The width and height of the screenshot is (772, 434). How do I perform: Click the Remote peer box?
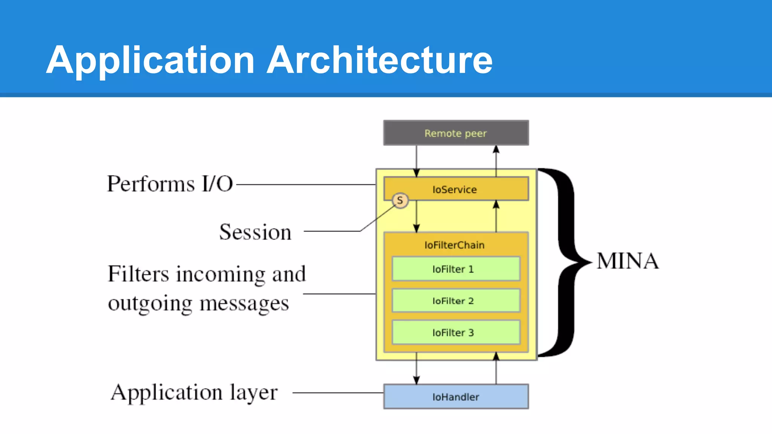coord(456,133)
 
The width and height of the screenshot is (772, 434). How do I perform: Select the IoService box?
coord(456,189)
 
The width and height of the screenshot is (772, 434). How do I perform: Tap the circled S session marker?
coord(400,200)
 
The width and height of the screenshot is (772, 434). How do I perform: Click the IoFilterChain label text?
coord(454,245)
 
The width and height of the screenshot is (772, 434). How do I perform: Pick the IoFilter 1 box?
coord(456,269)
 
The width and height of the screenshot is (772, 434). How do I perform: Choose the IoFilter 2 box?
coord(456,301)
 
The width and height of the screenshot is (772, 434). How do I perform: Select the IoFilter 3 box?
coord(456,332)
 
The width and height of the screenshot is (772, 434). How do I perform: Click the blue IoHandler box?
coord(456,397)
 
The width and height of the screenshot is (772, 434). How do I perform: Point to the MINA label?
coord(628,261)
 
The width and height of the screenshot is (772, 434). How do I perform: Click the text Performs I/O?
coord(170,184)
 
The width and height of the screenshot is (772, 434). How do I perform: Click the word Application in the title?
coord(150,60)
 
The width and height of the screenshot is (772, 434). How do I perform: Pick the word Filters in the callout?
coord(138,274)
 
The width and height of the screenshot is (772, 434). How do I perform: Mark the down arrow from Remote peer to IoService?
coord(416,160)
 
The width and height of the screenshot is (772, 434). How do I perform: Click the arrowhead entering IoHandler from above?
coord(416,380)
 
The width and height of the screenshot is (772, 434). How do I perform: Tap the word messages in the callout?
coord(244,303)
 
